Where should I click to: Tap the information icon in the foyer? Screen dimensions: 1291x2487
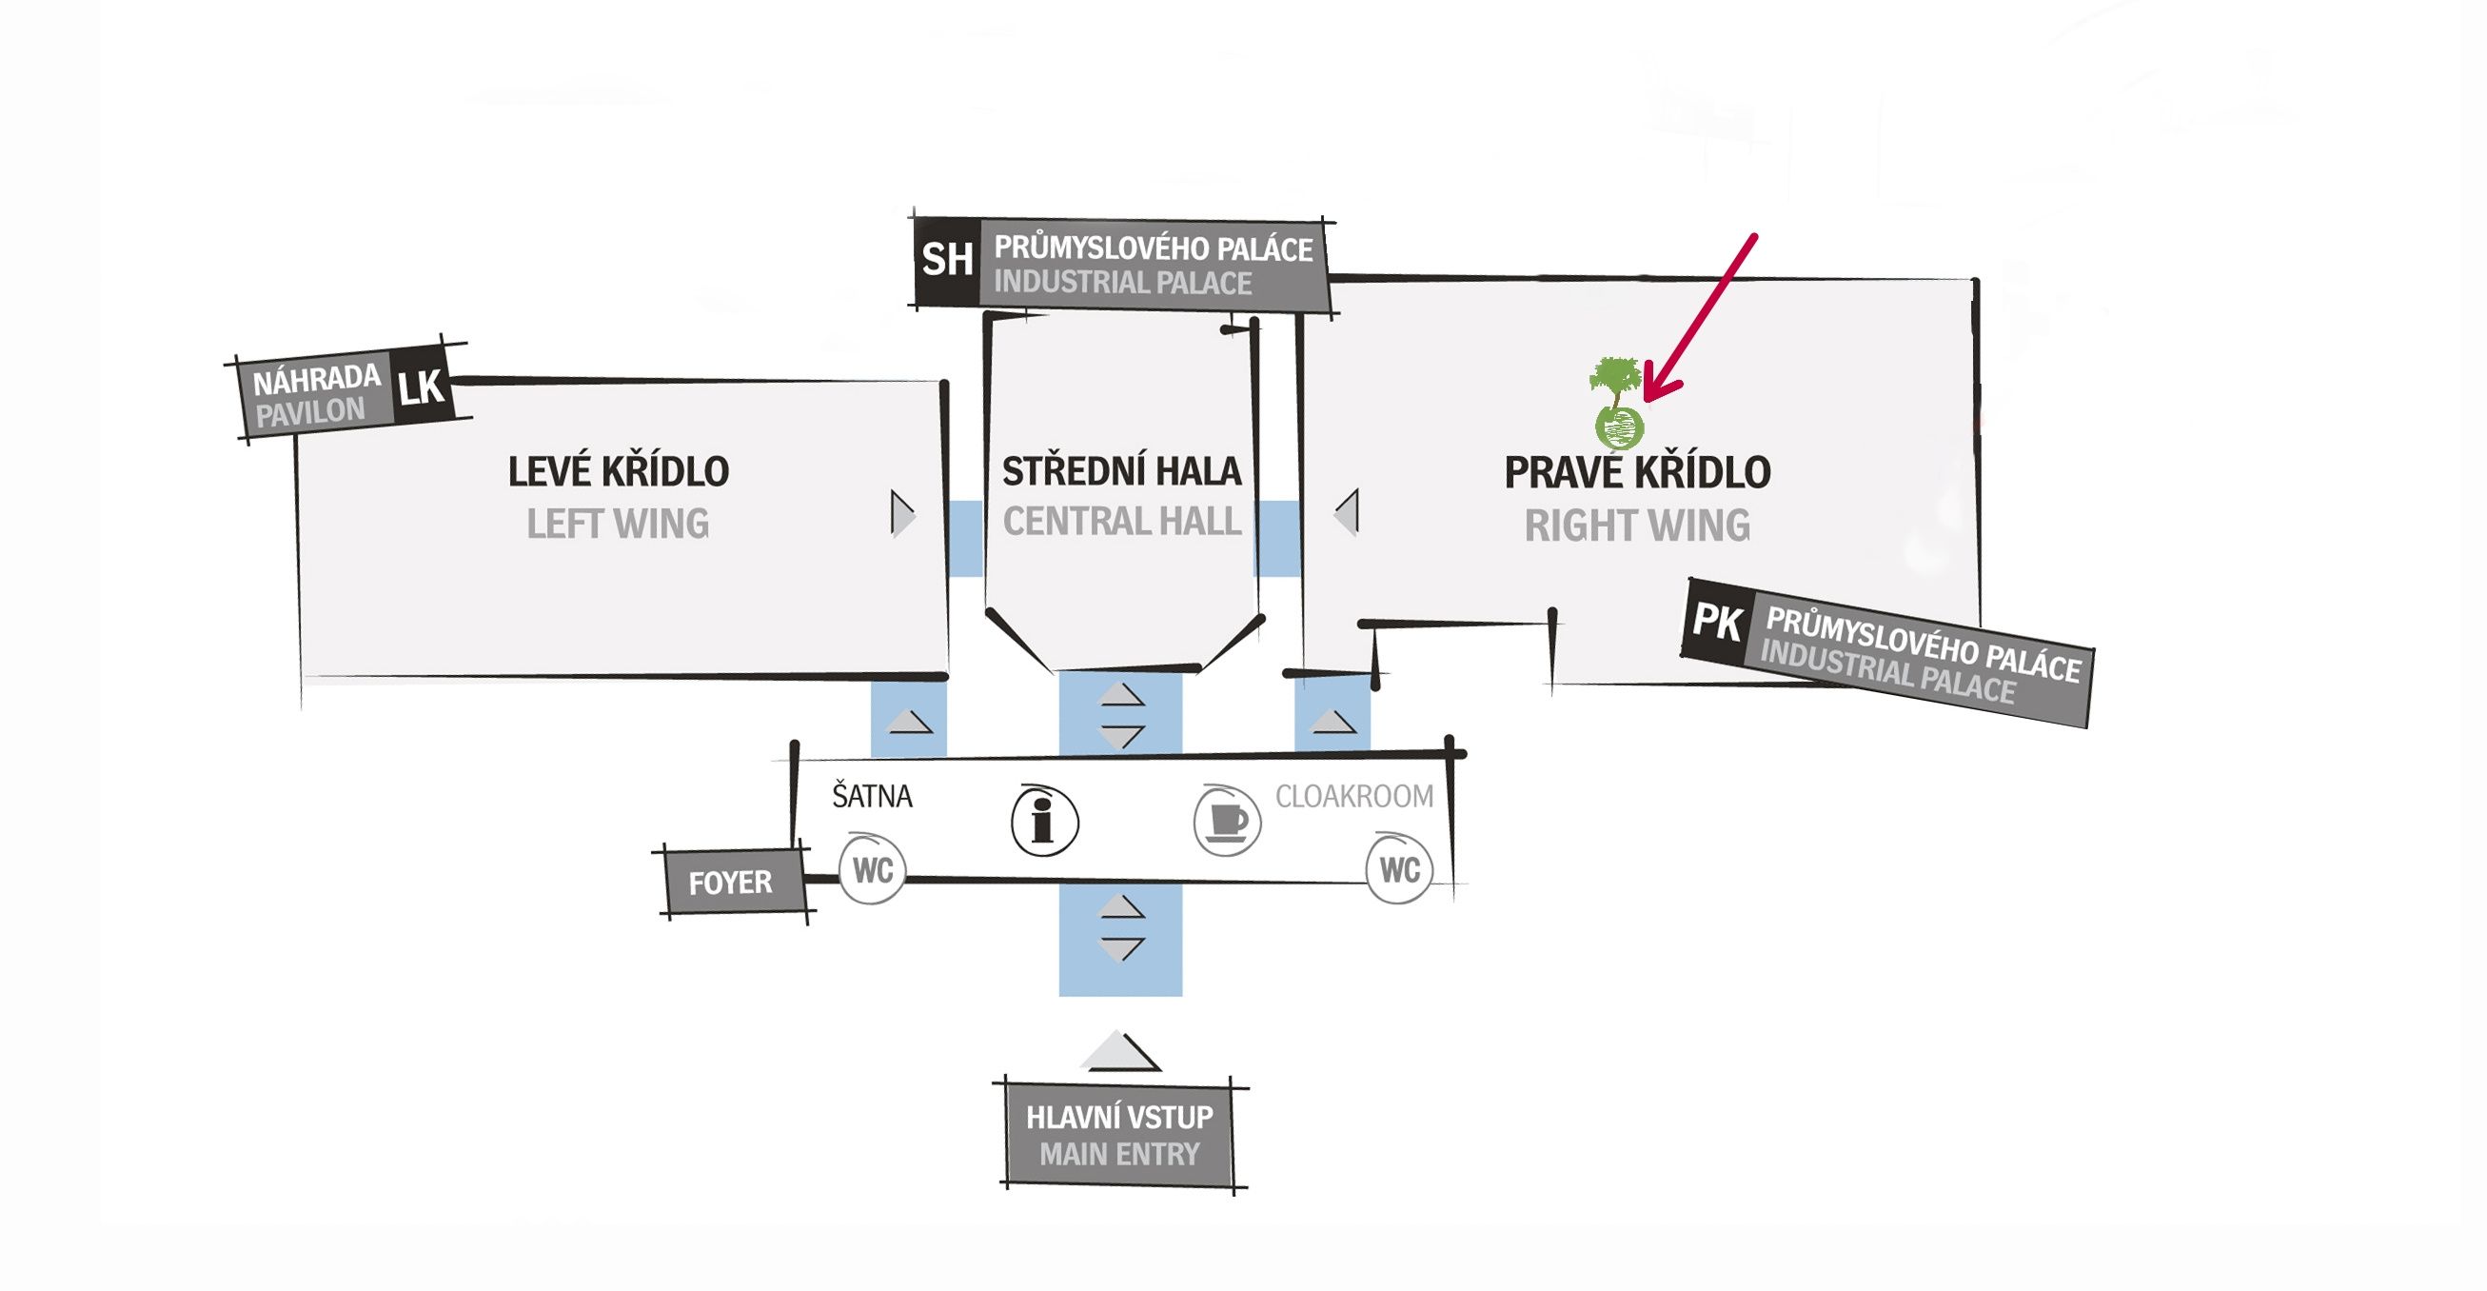(x=1044, y=821)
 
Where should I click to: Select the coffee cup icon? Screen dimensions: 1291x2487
(x=1227, y=821)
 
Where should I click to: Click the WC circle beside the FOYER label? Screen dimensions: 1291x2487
(x=872, y=869)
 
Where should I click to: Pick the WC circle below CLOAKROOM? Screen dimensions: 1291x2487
(x=1399, y=869)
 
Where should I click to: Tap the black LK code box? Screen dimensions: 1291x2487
(x=421, y=387)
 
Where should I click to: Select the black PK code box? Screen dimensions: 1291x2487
(x=1718, y=623)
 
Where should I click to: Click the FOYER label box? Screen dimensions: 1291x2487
(x=731, y=882)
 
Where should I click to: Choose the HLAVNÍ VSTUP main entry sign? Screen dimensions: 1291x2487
(x=1120, y=1136)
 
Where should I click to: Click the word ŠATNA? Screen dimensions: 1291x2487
(x=872, y=796)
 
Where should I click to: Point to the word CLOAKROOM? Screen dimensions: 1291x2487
(x=1353, y=796)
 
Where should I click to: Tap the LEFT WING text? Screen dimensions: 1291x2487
(x=618, y=525)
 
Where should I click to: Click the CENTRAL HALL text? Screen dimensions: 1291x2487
(x=1121, y=522)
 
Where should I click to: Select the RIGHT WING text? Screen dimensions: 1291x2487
(x=1637, y=526)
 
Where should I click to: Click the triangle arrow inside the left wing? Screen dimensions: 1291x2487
(x=901, y=514)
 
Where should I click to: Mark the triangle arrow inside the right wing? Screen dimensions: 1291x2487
(x=1348, y=512)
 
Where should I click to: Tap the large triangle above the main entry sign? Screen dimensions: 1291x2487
(x=1119, y=1051)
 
